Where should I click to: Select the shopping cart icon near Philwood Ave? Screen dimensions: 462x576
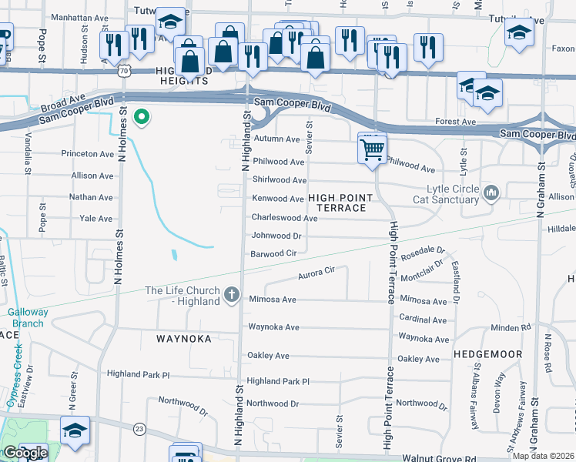[372, 148]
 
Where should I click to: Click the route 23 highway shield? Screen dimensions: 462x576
[139, 428]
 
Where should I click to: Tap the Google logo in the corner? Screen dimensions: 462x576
[25, 453]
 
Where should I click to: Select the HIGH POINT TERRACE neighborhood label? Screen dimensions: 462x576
[340, 203]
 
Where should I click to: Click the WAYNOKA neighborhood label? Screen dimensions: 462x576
[184, 338]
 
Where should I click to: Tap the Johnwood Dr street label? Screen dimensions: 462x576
[276, 236]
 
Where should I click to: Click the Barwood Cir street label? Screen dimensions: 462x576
[274, 253]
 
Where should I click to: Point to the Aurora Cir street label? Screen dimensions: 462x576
[316, 271]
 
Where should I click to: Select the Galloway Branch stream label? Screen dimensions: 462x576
[28, 317]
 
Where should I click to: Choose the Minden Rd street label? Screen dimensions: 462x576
[516, 327]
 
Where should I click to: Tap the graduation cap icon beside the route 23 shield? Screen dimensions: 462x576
[75, 431]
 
